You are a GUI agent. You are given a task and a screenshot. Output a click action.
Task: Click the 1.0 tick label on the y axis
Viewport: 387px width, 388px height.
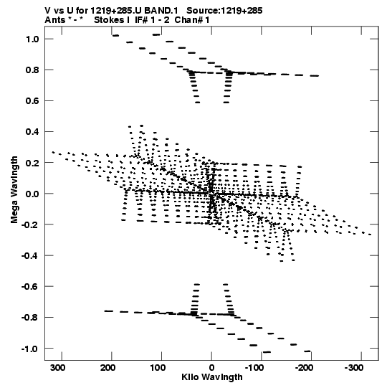coord(32,39)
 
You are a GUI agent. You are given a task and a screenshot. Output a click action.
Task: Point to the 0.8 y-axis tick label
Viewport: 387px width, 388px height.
coord(32,70)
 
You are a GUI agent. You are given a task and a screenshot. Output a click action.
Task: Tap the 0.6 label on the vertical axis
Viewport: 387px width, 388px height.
coord(32,101)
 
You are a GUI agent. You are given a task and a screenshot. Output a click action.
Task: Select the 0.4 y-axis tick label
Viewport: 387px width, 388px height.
coord(32,132)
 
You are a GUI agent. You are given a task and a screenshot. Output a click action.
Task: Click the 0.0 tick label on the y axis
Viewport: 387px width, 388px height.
coord(32,194)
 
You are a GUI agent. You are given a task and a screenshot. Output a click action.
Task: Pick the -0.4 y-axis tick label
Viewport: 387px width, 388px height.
coord(30,255)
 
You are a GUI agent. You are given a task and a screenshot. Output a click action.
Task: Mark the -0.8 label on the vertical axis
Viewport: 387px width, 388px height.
coord(30,318)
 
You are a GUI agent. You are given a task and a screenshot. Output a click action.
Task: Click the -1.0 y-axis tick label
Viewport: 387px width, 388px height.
coord(30,349)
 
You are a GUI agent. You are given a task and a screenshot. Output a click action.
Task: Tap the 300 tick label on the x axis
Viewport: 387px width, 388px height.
coord(58,368)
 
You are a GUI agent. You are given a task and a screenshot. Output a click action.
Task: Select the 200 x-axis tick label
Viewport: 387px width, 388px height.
coord(107,368)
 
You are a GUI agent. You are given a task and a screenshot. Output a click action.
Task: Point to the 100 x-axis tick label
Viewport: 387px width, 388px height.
coord(158,368)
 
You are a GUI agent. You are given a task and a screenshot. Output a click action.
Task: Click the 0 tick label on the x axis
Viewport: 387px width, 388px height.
coord(211,368)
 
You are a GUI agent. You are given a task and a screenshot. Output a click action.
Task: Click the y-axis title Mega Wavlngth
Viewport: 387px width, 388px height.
coord(14,190)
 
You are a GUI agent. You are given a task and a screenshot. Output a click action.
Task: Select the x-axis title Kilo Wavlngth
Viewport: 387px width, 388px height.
coord(212,377)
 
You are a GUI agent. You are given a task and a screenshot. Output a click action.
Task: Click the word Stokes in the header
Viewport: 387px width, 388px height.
coord(110,20)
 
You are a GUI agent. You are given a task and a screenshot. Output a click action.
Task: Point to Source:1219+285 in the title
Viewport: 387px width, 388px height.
coord(224,11)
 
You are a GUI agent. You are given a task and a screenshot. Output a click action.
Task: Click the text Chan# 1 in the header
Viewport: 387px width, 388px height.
coord(192,20)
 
